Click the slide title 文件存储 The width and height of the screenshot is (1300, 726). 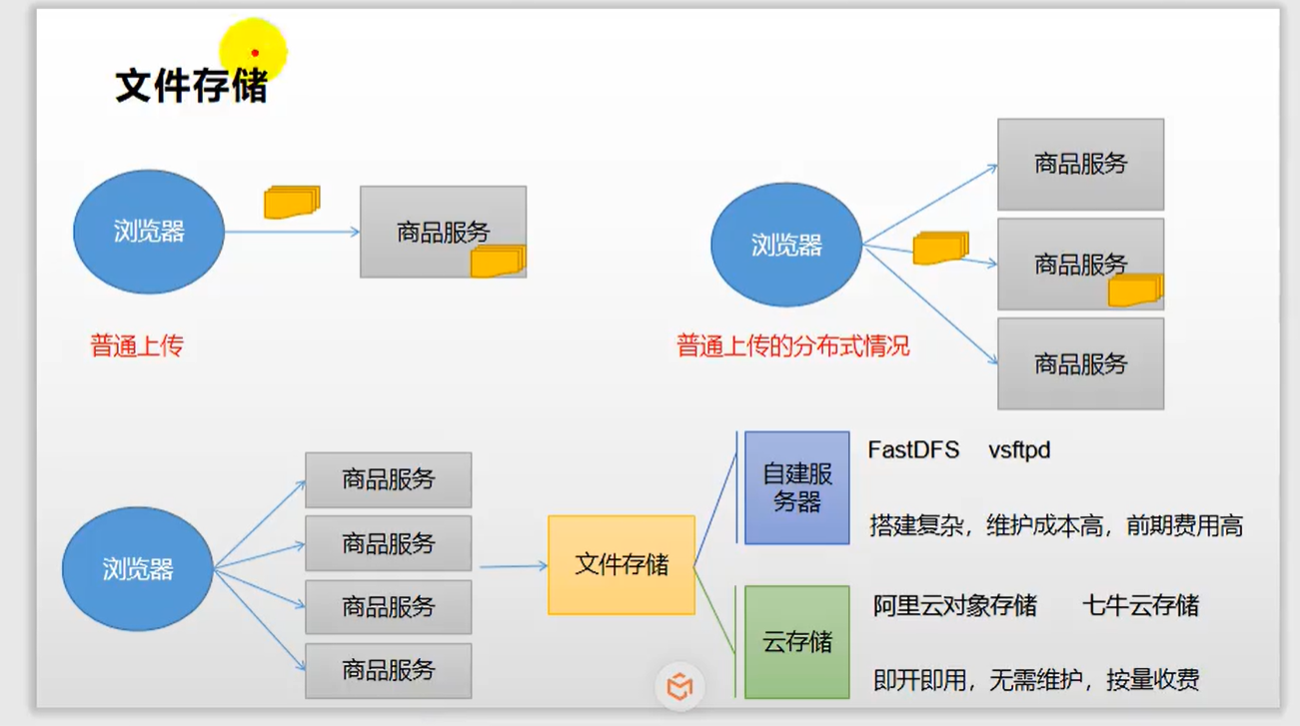point(191,86)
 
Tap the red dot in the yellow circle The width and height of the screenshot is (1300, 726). point(255,53)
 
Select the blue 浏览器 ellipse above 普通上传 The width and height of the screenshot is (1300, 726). point(149,232)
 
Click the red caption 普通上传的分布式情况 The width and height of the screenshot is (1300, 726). point(792,347)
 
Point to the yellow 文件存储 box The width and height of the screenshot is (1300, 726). point(622,564)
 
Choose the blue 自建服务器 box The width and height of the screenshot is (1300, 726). point(796,487)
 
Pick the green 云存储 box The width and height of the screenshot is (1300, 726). point(796,641)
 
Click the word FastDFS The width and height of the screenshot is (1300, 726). point(913,450)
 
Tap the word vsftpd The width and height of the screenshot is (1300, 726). point(1019,450)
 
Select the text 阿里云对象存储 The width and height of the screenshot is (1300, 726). point(954,605)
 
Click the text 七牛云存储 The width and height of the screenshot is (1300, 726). point(1140,605)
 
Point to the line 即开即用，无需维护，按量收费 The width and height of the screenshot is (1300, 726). point(1036,681)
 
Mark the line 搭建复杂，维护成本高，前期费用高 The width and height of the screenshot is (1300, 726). point(1056,526)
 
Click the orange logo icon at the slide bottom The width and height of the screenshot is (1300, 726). point(679,687)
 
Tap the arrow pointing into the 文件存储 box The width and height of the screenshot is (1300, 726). point(515,566)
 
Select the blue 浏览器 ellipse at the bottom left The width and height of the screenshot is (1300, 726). point(138,568)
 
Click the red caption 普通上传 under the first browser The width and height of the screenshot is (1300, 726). point(137,347)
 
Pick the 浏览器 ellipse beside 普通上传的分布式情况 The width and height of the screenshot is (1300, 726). point(786,246)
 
